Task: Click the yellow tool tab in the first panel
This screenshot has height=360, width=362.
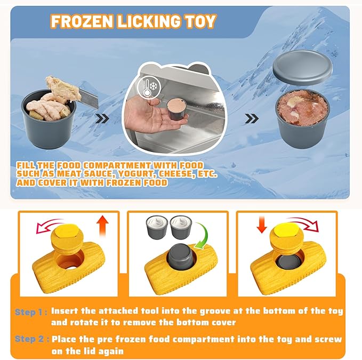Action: pyautogui.click(x=66, y=231)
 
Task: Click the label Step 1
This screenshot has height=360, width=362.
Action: pyautogui.click(x=30, y=311)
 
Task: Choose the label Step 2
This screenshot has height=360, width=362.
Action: pyautogui.click(x=30, y=339)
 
